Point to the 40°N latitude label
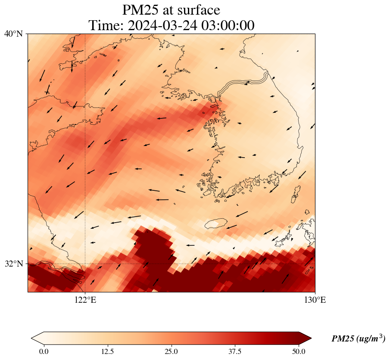[x=13, y=34]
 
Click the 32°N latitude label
[x=13, y=264]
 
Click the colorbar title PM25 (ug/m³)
[x=358, y=339]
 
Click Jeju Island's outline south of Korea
[x=216, y=223]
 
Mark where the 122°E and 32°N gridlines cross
[x=85, y=264]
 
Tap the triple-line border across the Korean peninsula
[x=243, y=84]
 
